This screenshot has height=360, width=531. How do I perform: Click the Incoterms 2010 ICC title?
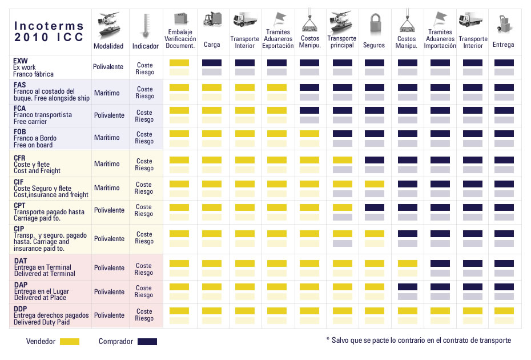click(x=49, y=31)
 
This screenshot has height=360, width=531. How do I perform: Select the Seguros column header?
click(x=374, y=45)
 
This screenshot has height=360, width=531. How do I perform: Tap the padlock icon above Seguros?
click(x=375, y=24)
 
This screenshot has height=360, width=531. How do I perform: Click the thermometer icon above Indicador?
click(x=145, y=25)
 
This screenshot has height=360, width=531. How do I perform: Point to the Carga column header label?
click(x=212, y=45)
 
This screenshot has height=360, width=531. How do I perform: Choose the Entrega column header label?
click(x=504, y=45)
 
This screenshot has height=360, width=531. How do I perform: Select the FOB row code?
click(x=20, y=131)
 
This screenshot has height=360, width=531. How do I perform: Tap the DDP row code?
click(x=21, y=309)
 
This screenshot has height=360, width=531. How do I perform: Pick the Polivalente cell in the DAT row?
click(x=108, y=268)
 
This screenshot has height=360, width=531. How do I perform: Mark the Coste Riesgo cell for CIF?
click(x=144, y=188)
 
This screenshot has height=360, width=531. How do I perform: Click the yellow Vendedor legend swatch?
click(x=69, y=342)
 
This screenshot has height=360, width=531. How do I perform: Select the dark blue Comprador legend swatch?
click(x=147, y=342)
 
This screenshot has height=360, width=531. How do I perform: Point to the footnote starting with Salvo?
click(x=418, y=340)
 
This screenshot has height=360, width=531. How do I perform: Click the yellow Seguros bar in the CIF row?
click(x=374, y=184)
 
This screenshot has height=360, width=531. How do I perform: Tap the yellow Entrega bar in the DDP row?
click(x=504, y=311)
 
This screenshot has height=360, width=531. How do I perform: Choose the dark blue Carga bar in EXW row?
click(x=212, y=63)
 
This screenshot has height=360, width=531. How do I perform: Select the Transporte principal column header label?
click(x=341, y=42)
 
